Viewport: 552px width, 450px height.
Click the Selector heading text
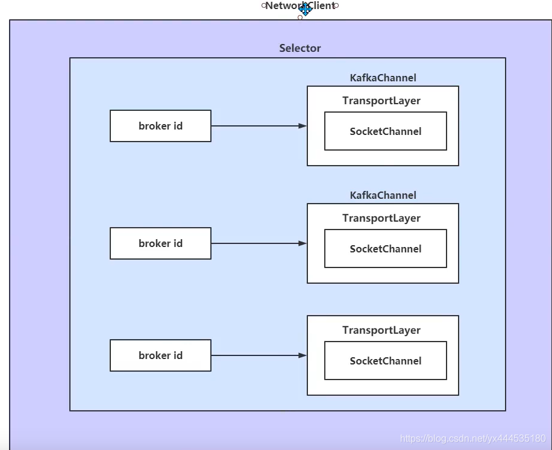tap(300, 48)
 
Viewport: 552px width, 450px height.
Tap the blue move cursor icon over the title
tap(305, 8)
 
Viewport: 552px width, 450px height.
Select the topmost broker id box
tap(160, 126)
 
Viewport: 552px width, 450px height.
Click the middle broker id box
tap(160, 243)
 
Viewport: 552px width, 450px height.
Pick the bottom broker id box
tap(160, 355)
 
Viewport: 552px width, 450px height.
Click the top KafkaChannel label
tap(383, 78)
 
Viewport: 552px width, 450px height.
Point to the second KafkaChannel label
tap(383, 195)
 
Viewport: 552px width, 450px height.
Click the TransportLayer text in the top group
tap(381, 101)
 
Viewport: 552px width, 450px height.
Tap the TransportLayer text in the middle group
tap(381, 218)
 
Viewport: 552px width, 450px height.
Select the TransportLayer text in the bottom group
tap(381, 330)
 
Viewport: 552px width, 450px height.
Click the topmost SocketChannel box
tap(386, 131)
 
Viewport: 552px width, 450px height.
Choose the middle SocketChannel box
tap(386, 249)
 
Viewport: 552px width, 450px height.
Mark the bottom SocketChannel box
tap(386, 361)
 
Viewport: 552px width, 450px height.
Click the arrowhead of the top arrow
tap(303, 126)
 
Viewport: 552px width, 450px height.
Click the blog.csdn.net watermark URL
tap(473, 439)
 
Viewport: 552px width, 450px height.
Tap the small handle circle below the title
tap(300, 17)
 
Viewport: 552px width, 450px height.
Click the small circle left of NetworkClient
tap(263, 5)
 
